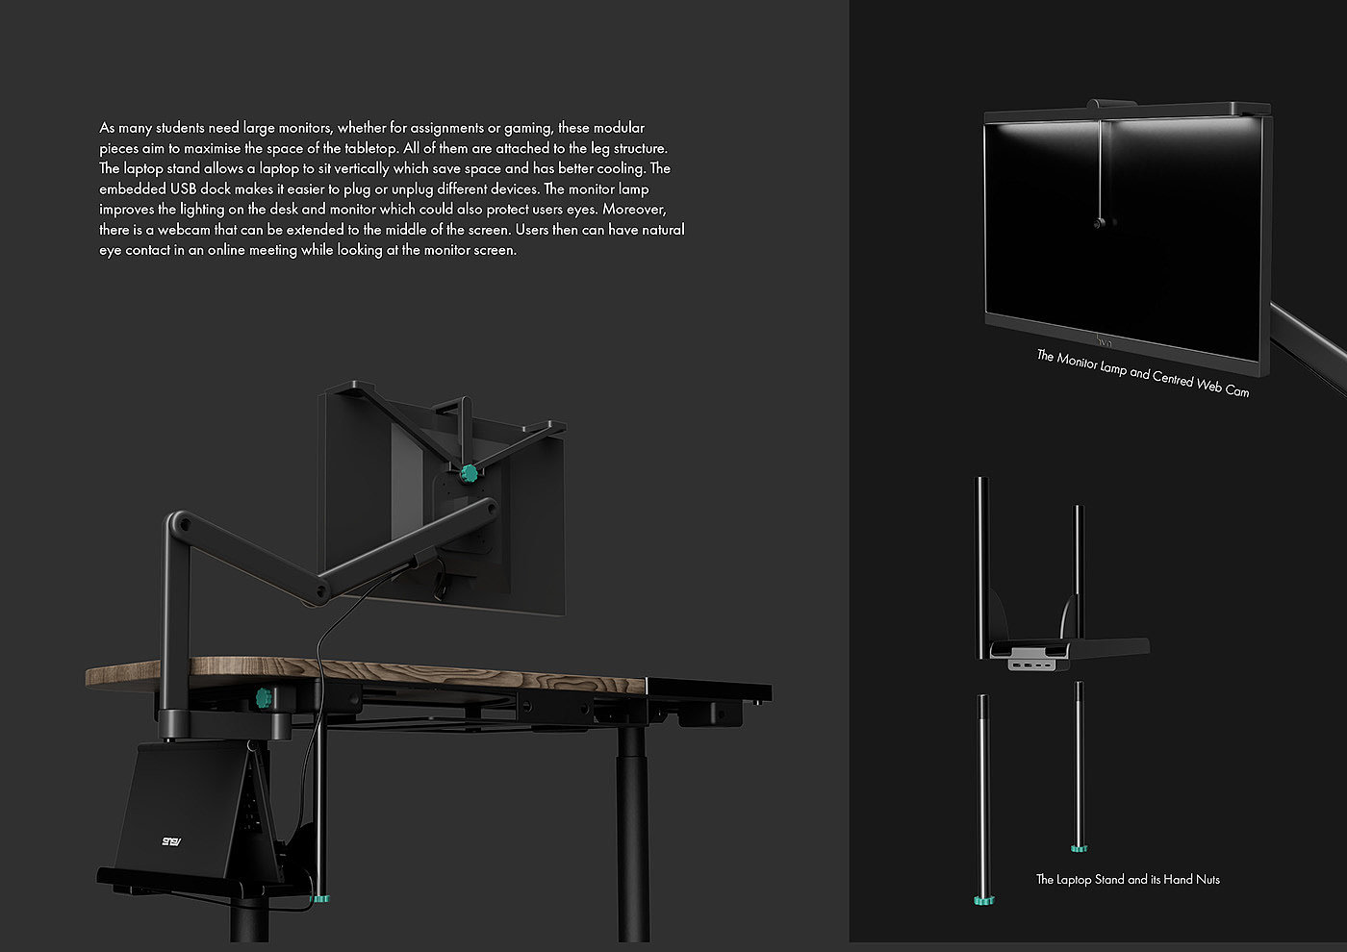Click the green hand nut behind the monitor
pos(470,473)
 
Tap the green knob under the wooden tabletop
pos(263,698)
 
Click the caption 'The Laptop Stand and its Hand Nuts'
pos(1128,880)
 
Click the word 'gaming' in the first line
pos(528,128)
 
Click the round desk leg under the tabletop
pos(631,827)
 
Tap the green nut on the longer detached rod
pos(982,901)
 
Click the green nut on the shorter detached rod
pos(1079,848)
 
